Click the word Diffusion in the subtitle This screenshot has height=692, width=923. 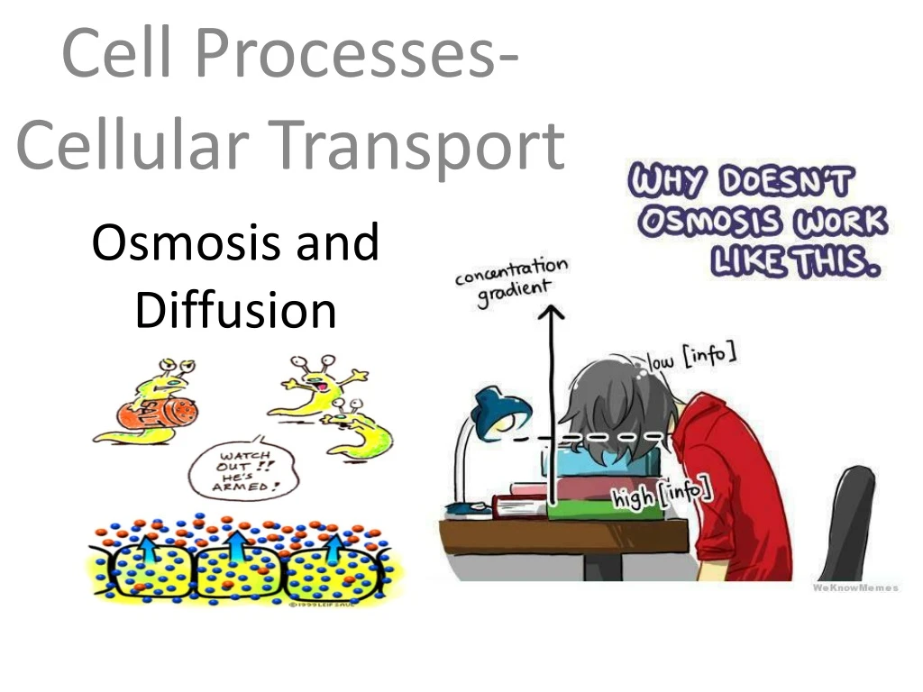tap(235, 311)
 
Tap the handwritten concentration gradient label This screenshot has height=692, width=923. tap(512, 279)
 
